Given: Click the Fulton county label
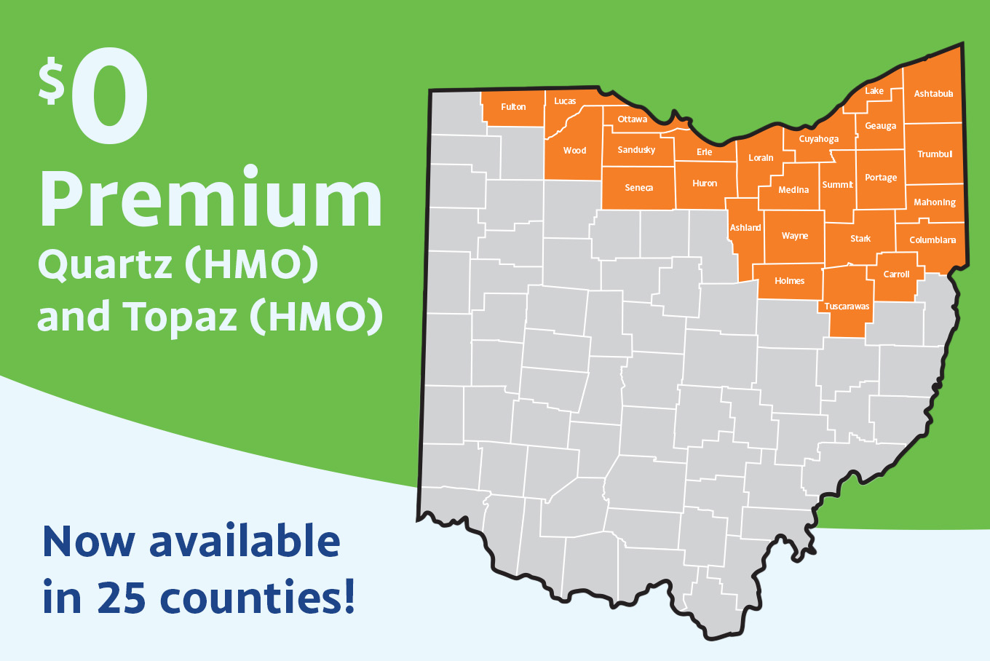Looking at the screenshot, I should pyautogui.click(x=513, y=107).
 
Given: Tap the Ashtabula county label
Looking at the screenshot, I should pyautogui.click(x=933, y=94).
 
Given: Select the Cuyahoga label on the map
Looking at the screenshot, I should pyautogui.click(x=819, y=139).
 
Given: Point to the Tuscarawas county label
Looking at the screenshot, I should pyautogui.click(x=847, y=306).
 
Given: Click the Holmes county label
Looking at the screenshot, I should pyautogui.click(x=789, y=281).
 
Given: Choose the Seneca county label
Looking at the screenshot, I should pyautogui.click(x=638, y=188).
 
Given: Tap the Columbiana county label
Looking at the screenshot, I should pyautogui.click(x=932, y=240).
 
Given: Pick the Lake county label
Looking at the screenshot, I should pyautogui.click(x=874, y=91).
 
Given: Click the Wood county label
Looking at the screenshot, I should pyautogui.click(x=574, y=151).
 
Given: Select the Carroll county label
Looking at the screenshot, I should pyautogui.click(x=896, y=274).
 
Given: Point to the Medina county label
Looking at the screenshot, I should pyautogui.click(x=793, y=190).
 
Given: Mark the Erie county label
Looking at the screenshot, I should pyautogui.click(x=704, y=152).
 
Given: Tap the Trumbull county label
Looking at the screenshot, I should pyautogui.click(x=935, y=154).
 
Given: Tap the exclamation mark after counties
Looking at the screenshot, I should pyautogui.click(x=349, y=595).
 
